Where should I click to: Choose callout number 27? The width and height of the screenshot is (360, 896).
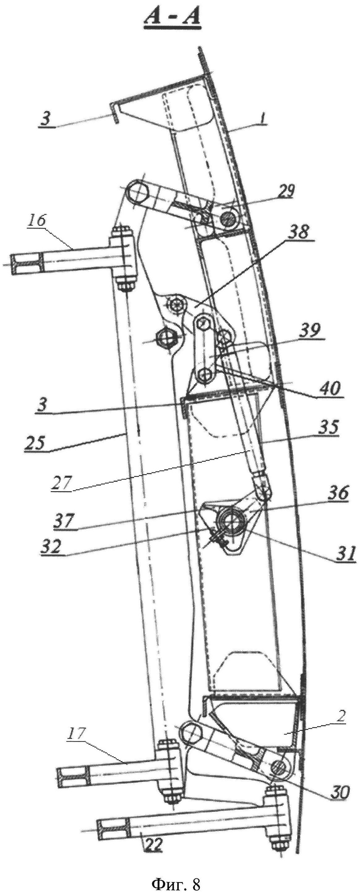coord(62,483)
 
